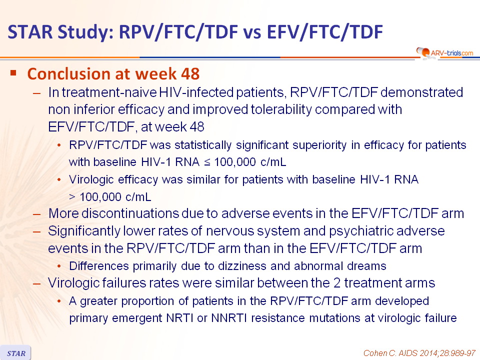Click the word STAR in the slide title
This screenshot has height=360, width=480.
pyautogui.click(x=30, y=32)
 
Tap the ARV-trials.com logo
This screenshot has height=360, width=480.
pyautogui.click(x=445, y=52)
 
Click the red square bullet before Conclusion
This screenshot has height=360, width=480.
pyautogui.click(x=13, y=73)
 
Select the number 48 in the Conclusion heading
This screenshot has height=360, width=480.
pyautogui.click(x=190, y=74)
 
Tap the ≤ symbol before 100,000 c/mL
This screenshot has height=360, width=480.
pyautogui.click(x=207, y=162)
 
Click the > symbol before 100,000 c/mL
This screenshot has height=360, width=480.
pyautogui.click(x=72, y=197)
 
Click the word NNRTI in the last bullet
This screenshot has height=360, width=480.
pyautogui.click(x=229, y=318)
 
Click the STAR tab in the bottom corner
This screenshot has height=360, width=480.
pyautogui.click(x=15, y=353)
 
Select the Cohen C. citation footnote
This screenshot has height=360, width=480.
pyautogui.click(x=419, y=353)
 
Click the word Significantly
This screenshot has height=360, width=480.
pyautogui.click(x=84, y=231)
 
